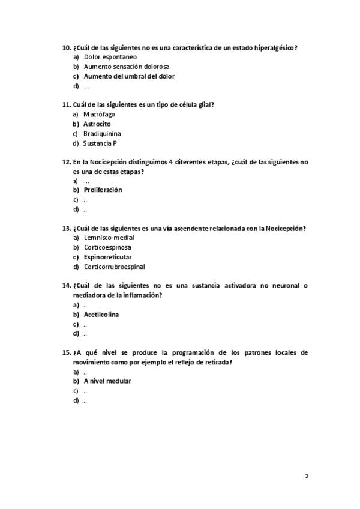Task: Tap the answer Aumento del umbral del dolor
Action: coord(129,76)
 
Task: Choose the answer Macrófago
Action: coord(99,114)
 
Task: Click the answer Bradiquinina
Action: coord(102,133)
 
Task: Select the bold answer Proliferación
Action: coord(103,190)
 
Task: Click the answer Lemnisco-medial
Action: coord(109,238)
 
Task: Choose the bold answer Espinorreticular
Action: coord(107,257)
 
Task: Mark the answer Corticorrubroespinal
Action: coord(114,267)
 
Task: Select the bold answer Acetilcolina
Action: coord(101,314)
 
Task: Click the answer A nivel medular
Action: coord(107,381)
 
